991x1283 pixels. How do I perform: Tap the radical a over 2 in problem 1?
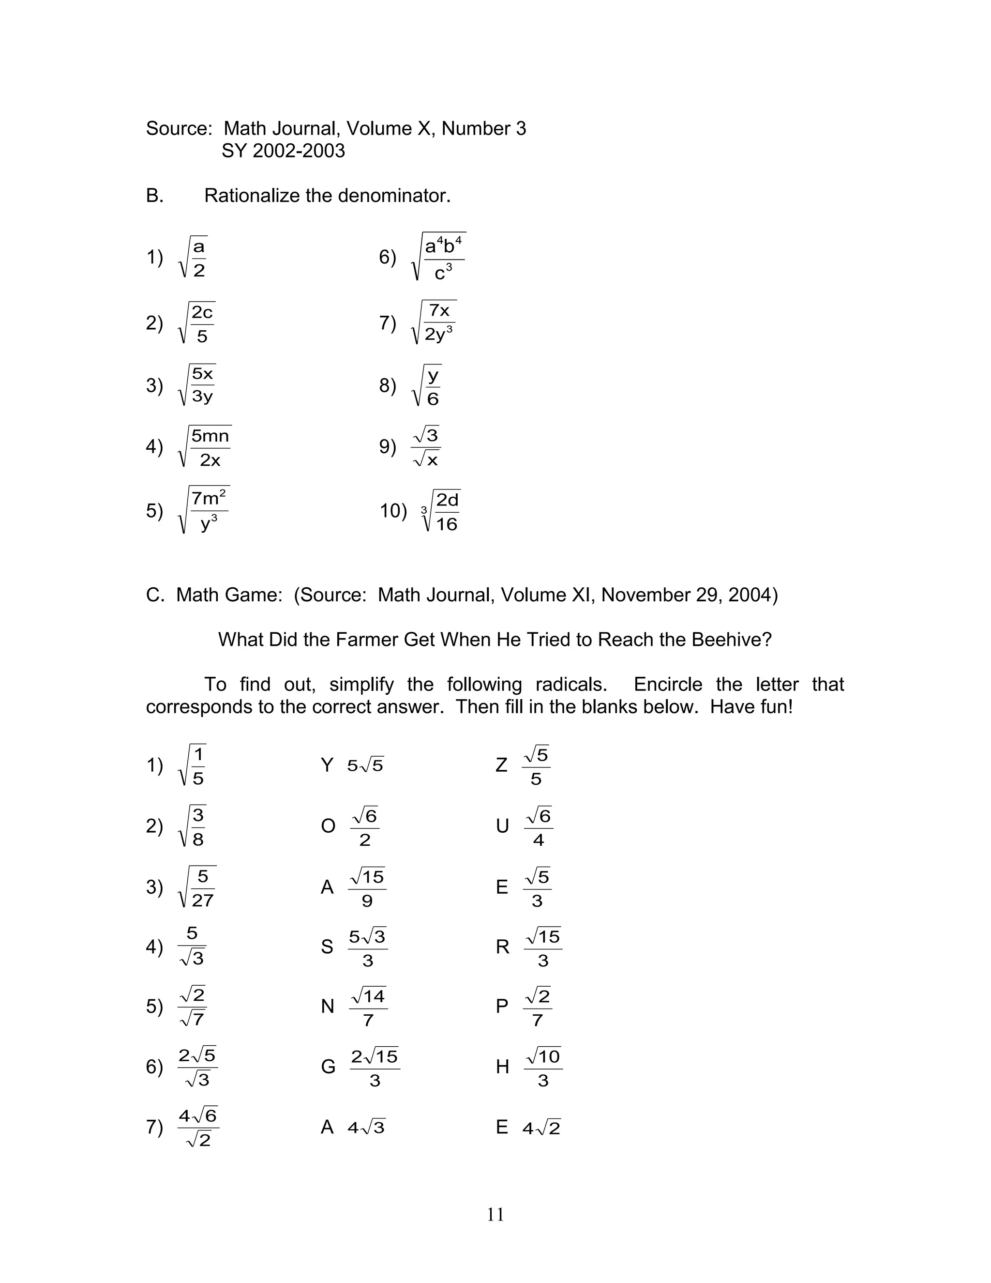pyautogui.click(x=193, y=258)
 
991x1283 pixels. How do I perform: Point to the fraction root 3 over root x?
pyautogui.click(x=426, y=447)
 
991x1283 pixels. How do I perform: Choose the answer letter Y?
pyautogui.click(x=327, y=765)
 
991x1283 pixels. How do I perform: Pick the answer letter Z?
pyautogui.click(x=501, y=765)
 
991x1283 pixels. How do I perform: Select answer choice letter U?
pyautogui.click(x=502, y=826)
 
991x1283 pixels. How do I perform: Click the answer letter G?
pyautogui.click(x=328, y=1066)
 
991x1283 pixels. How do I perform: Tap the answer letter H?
pyautogui.click(x=502, y=1066)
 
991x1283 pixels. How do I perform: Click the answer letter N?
pyautogui.click(x=327, y=1007)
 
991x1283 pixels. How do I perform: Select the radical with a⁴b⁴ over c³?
pyautogui.click(x=440, y=257)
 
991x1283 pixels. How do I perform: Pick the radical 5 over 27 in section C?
pyautogui.click(x=198, y=887)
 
